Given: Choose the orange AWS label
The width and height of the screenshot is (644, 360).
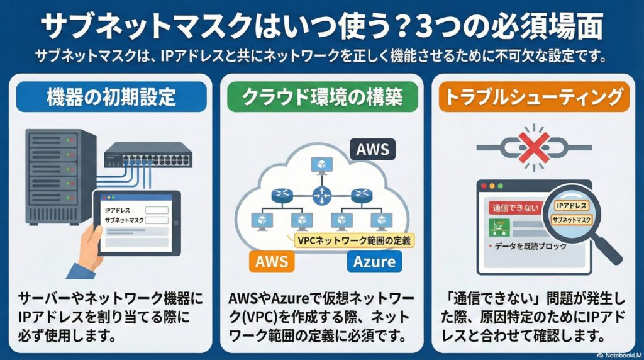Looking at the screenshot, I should coord(272,261).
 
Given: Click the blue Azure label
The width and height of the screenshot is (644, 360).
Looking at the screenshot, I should coord(374,261).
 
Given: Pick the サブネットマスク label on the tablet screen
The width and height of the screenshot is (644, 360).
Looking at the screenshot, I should coord(125,221).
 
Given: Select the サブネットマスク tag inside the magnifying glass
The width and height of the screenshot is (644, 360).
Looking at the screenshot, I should coord(570,220).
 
